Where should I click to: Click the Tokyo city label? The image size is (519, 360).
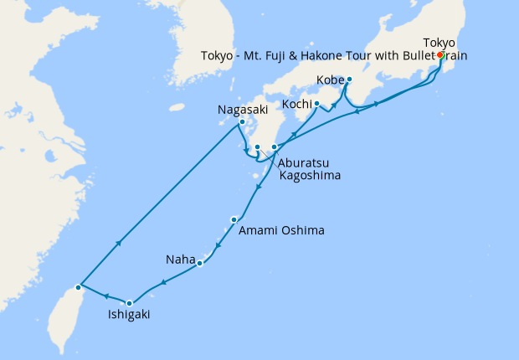tap(439, 43)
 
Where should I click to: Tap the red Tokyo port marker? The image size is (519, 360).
tap(440, 56)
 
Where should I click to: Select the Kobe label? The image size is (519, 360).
tap(331, 80)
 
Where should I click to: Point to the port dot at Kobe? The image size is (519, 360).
tap(349, 80)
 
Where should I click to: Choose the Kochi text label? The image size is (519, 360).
tap(297, 104)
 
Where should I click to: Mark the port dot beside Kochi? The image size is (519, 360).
tap(316, 104)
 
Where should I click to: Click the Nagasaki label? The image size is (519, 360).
tap(242, 109)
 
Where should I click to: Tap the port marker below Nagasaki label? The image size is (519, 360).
tap(243, 122)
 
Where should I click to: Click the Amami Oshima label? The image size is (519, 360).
tap(280, 230)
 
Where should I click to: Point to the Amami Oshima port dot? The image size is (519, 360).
tap(234, 219)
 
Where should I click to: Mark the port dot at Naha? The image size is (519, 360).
tap(200, 264)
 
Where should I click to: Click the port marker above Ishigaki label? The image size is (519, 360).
tap(129, 303)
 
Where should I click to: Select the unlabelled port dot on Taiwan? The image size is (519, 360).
tap(78, 287)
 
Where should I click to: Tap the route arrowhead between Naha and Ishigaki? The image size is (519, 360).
tap(162, 282)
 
